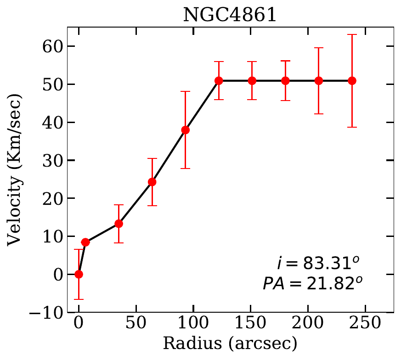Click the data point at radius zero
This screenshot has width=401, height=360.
point(79,274)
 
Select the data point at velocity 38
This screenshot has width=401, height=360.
point(185,130)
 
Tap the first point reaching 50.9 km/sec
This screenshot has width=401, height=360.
point(219,81)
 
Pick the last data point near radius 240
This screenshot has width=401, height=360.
point(352,81)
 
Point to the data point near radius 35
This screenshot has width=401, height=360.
point(119,224)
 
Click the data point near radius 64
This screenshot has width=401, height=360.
point(152,182)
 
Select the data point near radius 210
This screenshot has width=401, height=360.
point(319,81)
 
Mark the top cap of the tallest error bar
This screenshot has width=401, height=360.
point(352,34)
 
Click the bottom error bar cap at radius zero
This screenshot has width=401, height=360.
point(79,299)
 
